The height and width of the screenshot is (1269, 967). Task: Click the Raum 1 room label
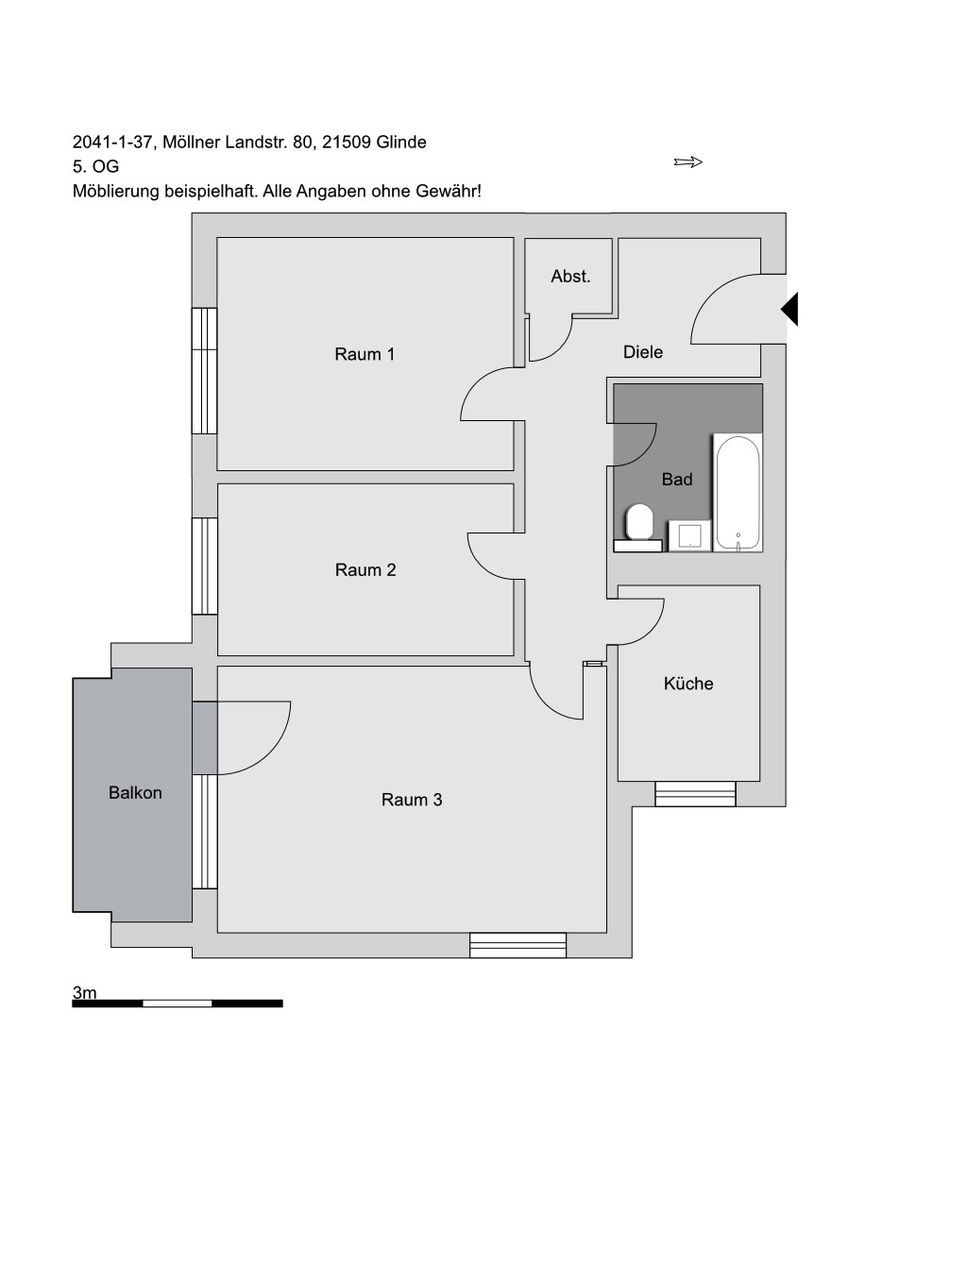pos(365,354)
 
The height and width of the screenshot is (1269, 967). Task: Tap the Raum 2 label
pos(365,569)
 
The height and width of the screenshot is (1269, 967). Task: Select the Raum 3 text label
pos(412,800)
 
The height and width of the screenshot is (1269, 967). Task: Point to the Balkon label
pos(135,792)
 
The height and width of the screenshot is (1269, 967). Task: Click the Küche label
pos(688,684)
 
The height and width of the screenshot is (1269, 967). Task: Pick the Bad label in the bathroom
pos(677,479)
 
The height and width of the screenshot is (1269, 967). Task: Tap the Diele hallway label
pos(643,351)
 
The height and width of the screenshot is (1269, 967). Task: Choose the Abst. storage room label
pos(570,276)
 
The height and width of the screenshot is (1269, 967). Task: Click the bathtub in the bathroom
pos(738,492)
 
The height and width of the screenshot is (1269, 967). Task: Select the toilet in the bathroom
pos(638,527)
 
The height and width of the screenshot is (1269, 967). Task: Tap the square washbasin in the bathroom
pos(689,535)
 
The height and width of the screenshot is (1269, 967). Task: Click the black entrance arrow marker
pos(789,310)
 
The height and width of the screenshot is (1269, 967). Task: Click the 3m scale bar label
pos(84,992)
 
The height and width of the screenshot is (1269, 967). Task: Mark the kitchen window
pos(695,793)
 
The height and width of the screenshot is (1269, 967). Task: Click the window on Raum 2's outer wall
pos(205,566)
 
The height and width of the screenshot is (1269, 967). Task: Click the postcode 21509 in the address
pos(347,142)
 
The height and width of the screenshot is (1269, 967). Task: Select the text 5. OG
pos(95,166)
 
